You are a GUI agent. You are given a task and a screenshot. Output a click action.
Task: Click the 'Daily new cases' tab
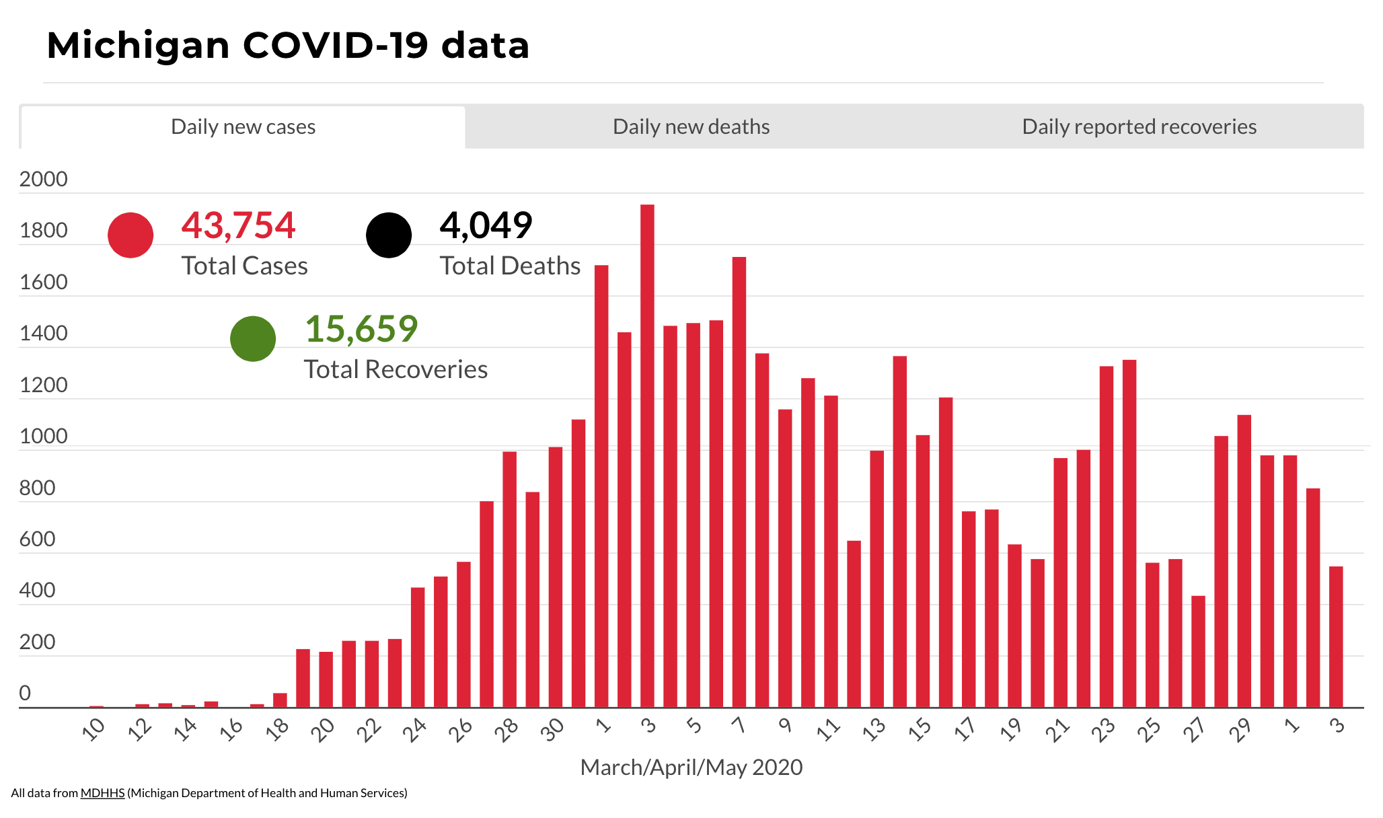click(x=243, y=126)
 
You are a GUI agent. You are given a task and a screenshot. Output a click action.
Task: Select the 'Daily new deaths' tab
click(x=691, y=126)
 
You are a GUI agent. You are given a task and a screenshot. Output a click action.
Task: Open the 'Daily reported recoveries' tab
click(x=1139, y=126)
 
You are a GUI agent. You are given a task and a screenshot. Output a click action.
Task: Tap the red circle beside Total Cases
click(x=130, y=235)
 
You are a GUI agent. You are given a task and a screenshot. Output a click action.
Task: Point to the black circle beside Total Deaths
click(x=389, y=235)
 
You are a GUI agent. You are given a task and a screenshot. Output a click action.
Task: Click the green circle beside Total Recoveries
click(x=253, y=339)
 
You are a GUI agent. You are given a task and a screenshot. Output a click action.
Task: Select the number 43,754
click(x=238, y=225)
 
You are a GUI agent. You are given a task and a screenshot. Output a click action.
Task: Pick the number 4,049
click(x=486, y=225)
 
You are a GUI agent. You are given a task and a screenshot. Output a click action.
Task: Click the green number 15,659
click(x=361, y=329)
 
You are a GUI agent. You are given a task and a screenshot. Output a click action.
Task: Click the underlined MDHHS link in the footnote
click(x=102, y=793)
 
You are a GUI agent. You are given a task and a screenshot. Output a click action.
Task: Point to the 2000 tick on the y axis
click(x=44, y=180)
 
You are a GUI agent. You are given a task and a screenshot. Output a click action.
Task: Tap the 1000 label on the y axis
click(x=44, y=437)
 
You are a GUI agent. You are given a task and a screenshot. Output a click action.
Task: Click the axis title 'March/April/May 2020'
click(x=691, y=768)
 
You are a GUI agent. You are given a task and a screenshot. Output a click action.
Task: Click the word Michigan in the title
click(x=139, y=46)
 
